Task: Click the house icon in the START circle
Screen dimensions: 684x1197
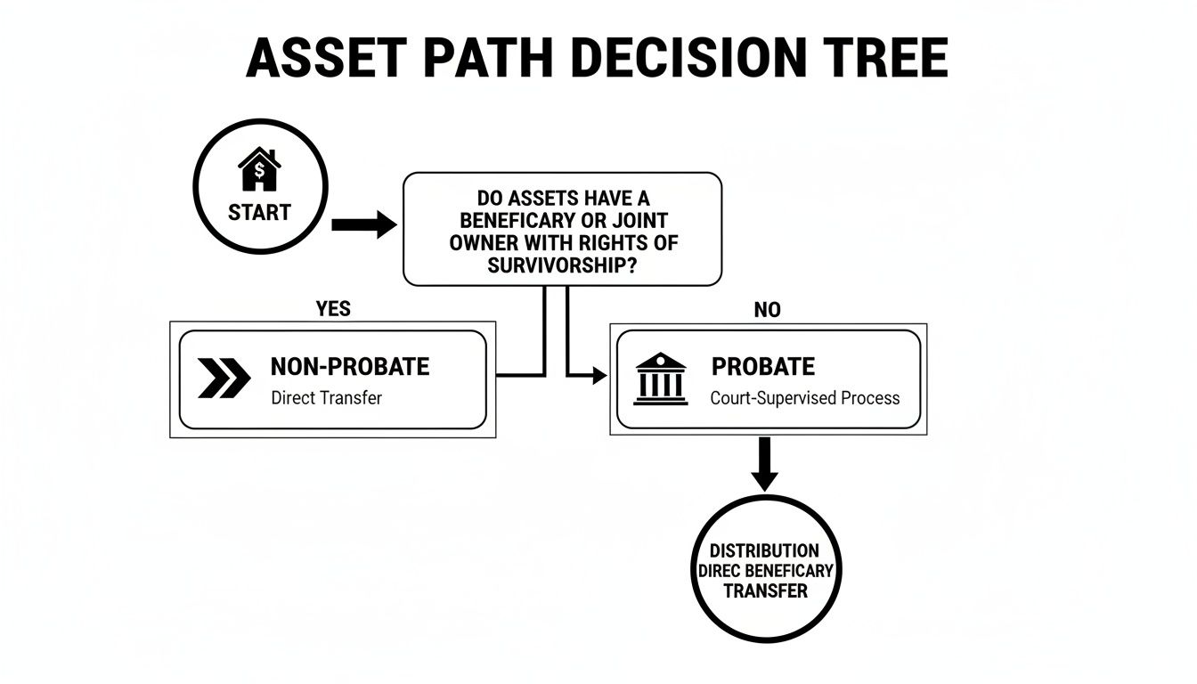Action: (259, 170)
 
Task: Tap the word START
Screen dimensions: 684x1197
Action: (259, 213)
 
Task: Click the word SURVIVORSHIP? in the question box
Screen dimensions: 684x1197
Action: (562, 265)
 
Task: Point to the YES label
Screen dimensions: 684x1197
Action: (333, 309)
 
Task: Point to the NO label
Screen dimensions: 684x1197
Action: (767, 309)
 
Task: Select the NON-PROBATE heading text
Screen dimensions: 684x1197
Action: (349, 366)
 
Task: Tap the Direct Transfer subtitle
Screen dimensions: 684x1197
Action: (326, 398)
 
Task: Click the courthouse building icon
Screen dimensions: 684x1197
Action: (660, 379)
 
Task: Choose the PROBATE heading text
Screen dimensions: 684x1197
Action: (763, 366)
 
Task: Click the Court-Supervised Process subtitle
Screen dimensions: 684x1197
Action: (805, 398)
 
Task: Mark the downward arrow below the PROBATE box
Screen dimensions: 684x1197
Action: (764, 463)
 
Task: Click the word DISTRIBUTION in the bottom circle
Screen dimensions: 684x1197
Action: (764, 551)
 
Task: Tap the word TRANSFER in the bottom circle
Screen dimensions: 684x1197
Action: (765, 590)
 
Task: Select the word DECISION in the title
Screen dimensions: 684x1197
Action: (682, 60)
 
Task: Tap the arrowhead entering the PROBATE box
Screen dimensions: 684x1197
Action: (599, 377)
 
